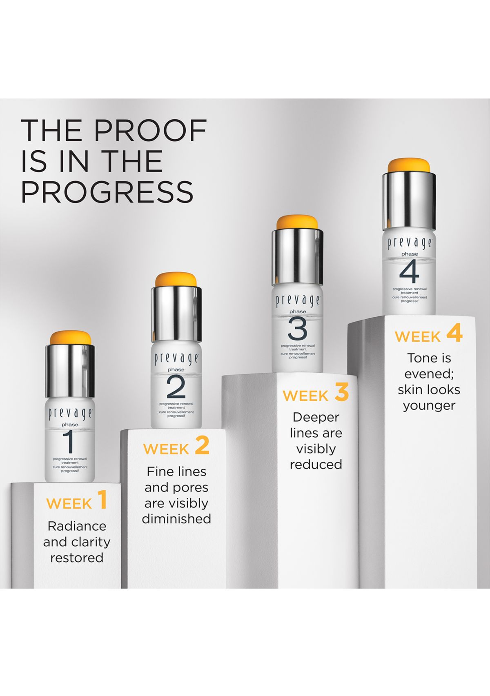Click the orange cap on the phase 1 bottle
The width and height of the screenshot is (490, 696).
pos(71,338)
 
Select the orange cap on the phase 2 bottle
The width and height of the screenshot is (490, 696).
pos(176,280)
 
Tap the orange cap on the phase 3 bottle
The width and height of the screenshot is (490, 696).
pos(297,222)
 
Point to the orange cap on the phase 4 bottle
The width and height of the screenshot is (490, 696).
pos(409,165)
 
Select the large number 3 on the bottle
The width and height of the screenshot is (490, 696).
pos(297,329)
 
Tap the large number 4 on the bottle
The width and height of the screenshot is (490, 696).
pos(409,271)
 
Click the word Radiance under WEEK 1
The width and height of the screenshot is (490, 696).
pos(77,526)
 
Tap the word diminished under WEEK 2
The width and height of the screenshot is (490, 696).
pos(176,519)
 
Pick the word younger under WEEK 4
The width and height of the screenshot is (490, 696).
pos(429,407)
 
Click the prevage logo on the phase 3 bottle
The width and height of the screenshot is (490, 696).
pos(297,301)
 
